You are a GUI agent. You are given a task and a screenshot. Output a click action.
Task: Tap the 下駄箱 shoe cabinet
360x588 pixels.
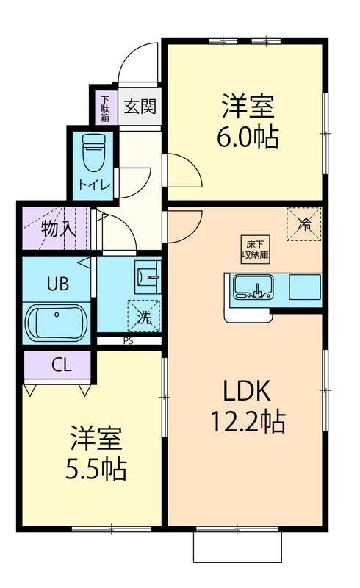[104, 107]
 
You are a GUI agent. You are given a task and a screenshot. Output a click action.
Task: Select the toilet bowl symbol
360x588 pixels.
[93, 153]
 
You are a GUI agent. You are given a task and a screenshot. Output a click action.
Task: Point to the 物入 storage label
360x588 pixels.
[58, 228]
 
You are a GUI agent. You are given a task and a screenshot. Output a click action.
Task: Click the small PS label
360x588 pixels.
[128, 341]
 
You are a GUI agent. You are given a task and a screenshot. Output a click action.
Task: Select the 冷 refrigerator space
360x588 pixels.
[304, 225]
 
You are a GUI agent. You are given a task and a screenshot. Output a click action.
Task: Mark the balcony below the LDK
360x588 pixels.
[237, 546]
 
